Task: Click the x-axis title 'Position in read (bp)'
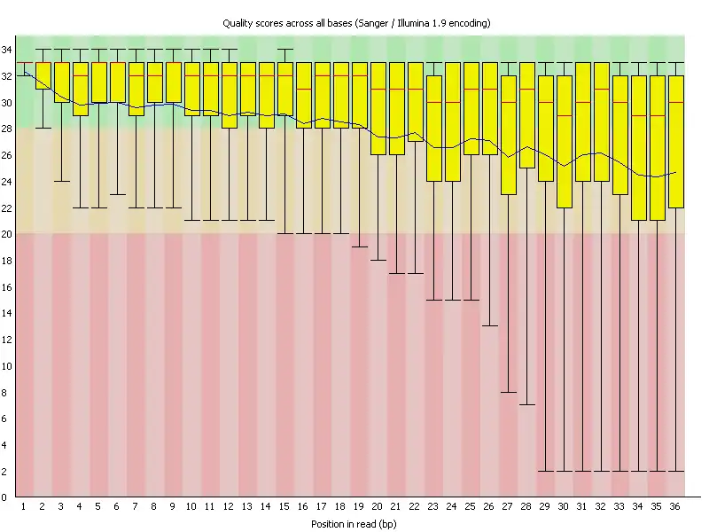point(354,524)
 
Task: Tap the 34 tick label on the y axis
point(7,50)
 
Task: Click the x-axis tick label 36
point(675,505)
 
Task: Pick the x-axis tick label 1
point(23,505)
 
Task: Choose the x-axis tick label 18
point(341,505)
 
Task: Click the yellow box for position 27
point(509,135)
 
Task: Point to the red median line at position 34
point(638,115)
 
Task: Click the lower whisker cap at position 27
point(509,392)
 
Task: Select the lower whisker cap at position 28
point(527,405)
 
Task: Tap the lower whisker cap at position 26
point(490,326)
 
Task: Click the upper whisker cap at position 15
point(285,50)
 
